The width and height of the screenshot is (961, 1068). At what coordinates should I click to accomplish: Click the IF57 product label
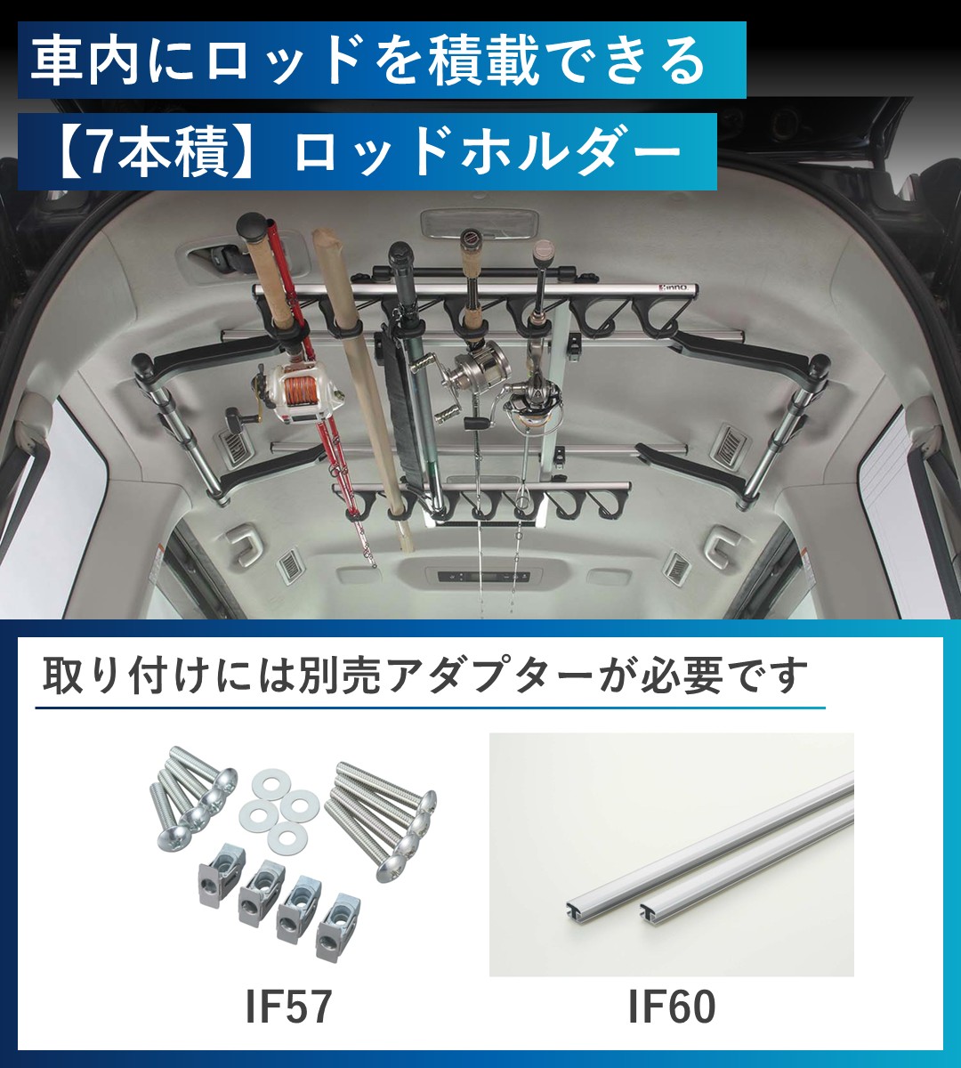pos(288,1006)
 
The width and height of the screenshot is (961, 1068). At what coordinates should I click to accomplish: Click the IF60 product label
pos(672,1007)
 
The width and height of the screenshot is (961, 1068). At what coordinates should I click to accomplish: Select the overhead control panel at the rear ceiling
pos(481,578)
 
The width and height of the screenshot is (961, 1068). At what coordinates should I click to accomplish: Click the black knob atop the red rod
pos(252,224)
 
